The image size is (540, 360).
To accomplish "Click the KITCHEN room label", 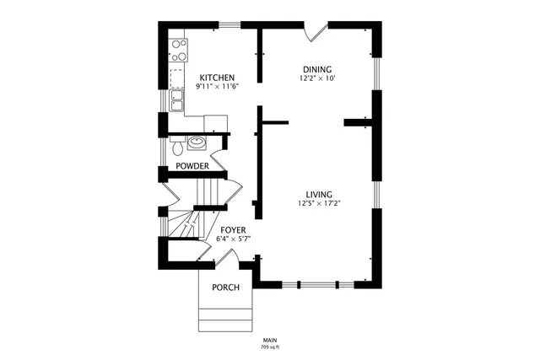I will click(216, 77).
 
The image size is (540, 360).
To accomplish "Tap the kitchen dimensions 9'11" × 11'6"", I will click(216, 86).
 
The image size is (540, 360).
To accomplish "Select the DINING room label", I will click(317, 69).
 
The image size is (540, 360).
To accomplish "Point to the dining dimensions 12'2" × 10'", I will click(317, 78).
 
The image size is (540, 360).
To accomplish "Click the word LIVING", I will click(319, 193).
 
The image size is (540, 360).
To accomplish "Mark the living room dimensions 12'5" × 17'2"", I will click(319, 202).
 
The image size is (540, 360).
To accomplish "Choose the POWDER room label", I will click(192, 166).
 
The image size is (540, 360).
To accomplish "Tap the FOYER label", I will click(234, 229).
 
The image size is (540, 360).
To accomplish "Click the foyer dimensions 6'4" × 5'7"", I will click(234, 239).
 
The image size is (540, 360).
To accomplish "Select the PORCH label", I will click(225, 287).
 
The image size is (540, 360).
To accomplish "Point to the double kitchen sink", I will click(177, 102).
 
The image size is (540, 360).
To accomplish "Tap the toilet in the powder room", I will click(175, 148).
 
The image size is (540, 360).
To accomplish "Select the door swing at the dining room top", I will click(316, 31).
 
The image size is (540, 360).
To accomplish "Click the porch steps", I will click(225, 320).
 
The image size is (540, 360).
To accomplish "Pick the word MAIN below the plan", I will click(270, 340).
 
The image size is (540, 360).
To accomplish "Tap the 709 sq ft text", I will click(270, 347).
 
